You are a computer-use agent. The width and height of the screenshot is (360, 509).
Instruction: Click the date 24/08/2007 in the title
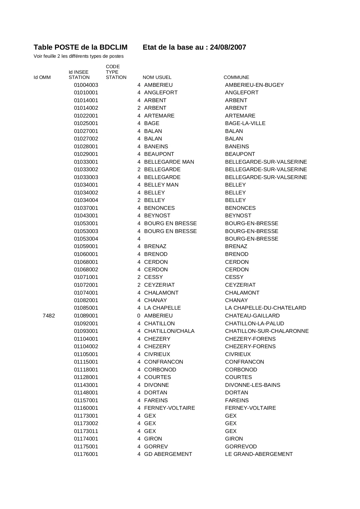(228, 47)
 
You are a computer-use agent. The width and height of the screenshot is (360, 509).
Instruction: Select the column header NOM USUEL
(157, 77)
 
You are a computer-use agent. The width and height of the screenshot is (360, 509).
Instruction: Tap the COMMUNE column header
(236, 77)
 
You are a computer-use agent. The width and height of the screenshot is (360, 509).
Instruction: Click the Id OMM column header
(42, 77)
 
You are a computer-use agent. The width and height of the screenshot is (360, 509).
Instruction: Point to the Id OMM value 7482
(48, 316)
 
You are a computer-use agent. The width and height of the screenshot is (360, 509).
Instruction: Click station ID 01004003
(86, 85)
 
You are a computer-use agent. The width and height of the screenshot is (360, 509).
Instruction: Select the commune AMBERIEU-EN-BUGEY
(254, 85)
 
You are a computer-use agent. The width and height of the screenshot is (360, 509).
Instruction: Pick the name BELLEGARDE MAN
(169, 162)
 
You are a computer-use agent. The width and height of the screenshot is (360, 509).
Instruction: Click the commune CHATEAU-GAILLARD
(252, 316)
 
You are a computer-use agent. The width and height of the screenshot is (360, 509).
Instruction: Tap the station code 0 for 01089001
(139, 316)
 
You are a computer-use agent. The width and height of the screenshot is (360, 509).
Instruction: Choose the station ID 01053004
(86, 239)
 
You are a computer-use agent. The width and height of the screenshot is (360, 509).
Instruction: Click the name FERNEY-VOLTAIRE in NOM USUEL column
(169, 408)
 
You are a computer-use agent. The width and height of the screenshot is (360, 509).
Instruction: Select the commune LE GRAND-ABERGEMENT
(259, 454)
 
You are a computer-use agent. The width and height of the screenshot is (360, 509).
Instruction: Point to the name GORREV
(156, 447)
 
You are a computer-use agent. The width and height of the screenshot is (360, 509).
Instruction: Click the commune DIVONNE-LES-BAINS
(252, 385)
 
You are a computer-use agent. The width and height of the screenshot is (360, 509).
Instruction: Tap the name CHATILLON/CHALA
(169, 331)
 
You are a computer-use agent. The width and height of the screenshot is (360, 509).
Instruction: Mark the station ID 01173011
(86, 431)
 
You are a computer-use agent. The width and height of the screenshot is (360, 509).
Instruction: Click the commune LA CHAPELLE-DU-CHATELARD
(265, 308)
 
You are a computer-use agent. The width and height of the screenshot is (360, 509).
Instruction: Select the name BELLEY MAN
(161, 185)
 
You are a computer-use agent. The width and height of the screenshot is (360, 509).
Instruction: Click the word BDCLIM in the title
(113, 47)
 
